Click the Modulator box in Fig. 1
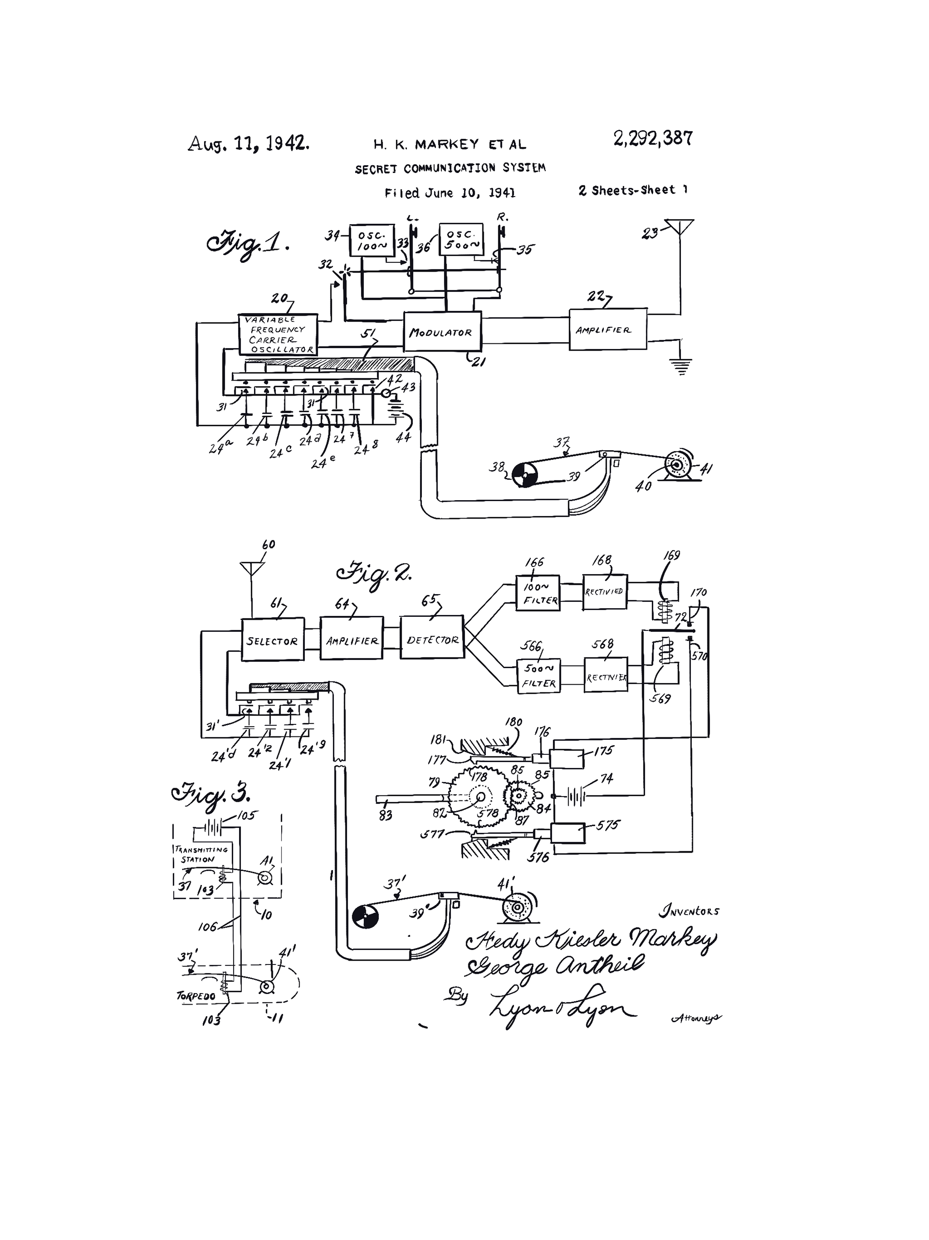tap(442, 331)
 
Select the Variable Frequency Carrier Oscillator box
tap(278, 335)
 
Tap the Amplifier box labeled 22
tap(607, 330)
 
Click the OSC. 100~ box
tap(372, 240)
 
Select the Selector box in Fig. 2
tap(272, 640)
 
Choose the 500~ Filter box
tap(539, 675)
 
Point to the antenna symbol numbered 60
tap(252, 568)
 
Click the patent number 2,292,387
tap(653, 138)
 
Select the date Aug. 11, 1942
tap(248, 143)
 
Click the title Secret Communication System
tap(450, 168)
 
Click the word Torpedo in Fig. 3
tap(195, 995)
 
